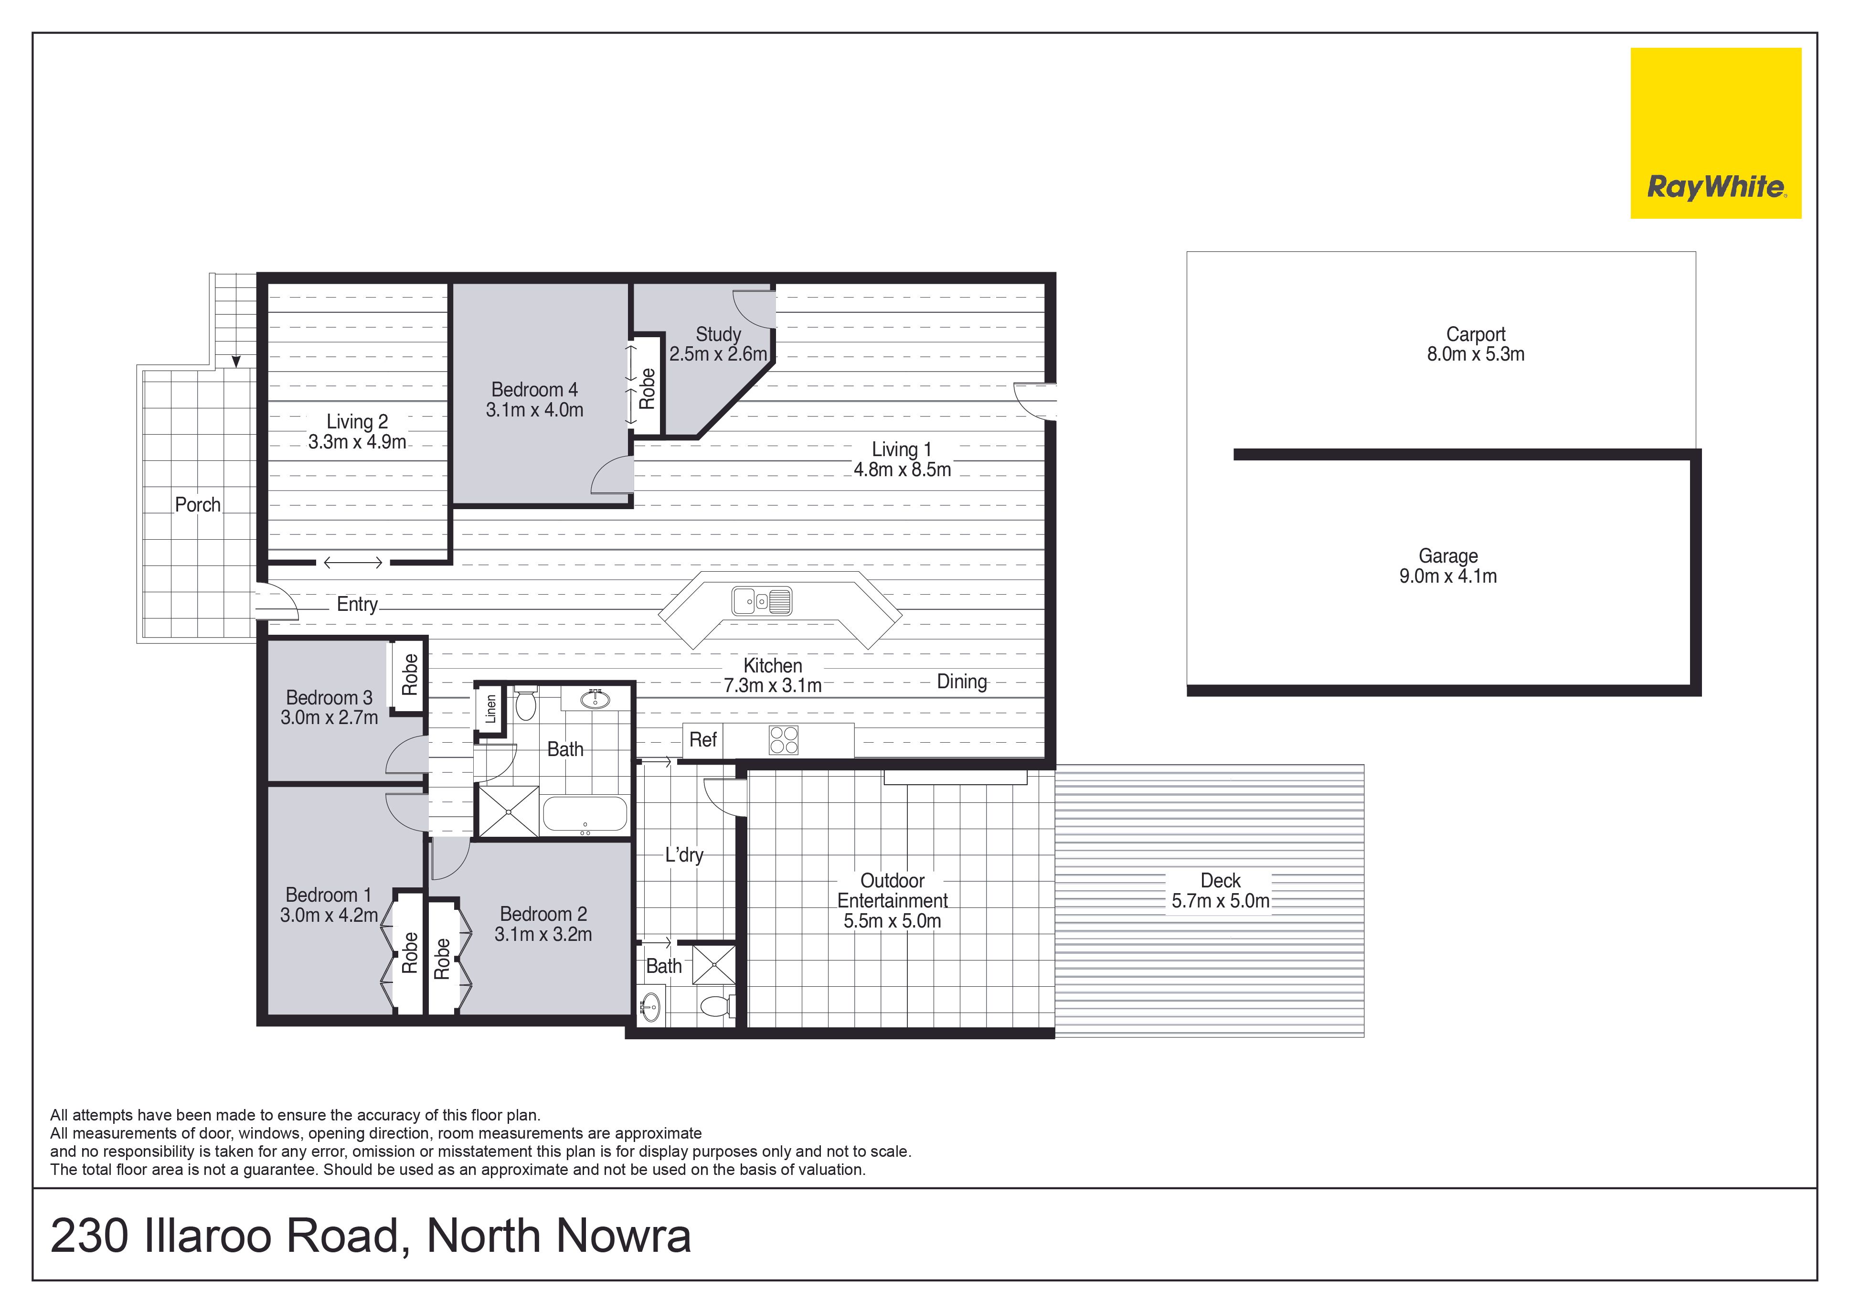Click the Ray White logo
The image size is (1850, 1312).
(1716, 133)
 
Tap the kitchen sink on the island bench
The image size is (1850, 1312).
(762, 601)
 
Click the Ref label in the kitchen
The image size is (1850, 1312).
(703, 739)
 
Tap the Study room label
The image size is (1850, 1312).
(718, 334)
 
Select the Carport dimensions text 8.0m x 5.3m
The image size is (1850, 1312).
(1475, 354)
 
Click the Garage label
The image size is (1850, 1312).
(1448, 556)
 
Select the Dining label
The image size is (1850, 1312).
(961, 682)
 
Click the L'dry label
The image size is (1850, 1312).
(684, 855)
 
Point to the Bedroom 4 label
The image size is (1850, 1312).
(534, 389)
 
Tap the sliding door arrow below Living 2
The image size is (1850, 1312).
(353, 562)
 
